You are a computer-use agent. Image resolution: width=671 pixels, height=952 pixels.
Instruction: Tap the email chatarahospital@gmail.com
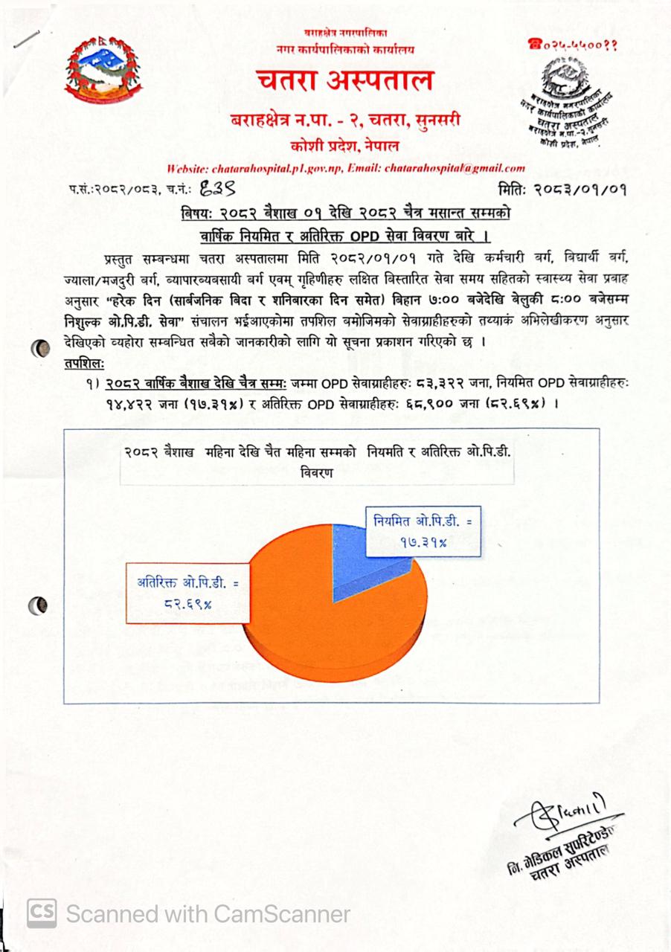coord(455,168)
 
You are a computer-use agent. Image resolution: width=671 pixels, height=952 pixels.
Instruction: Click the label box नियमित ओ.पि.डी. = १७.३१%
coord(423,531)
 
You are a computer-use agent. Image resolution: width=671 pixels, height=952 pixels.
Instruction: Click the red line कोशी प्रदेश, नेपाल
coord(344,145)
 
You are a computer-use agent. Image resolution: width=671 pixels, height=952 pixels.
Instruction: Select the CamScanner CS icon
coord(42,913)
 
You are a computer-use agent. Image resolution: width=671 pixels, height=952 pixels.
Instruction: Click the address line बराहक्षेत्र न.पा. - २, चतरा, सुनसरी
coord(344,119)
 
